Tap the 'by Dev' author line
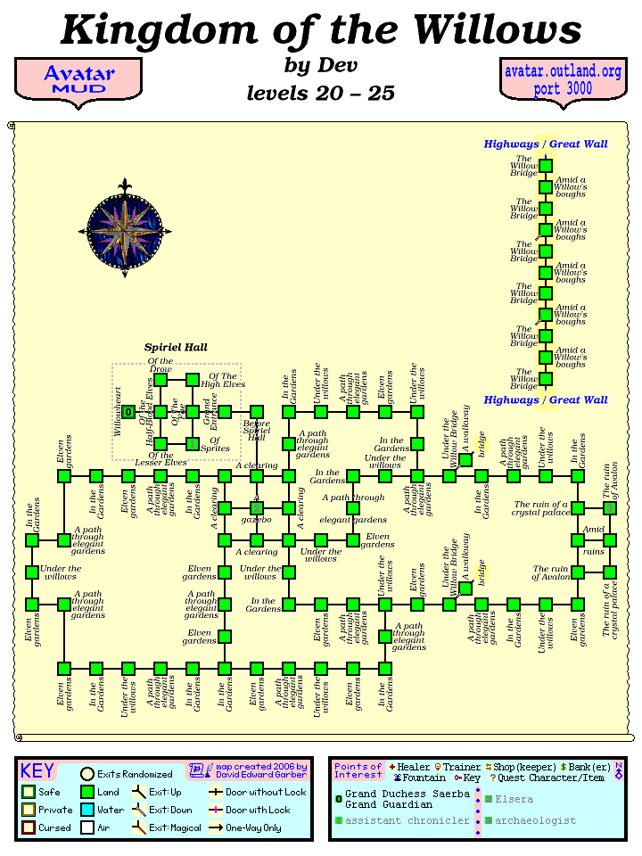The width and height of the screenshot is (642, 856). click(x=320, y=65)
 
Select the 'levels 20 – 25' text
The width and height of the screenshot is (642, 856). click(x=320, y=93)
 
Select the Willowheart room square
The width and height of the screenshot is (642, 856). click(x=128, y=412)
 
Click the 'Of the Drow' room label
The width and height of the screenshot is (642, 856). click(x=160, y=365)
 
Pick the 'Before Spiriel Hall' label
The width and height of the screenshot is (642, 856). click(x=257, y=430)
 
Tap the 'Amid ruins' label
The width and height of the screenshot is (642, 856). click(x=594, y=539)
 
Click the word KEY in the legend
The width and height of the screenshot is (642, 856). click(x=37, y=771)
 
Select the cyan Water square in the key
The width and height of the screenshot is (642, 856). click(x=87, y=810)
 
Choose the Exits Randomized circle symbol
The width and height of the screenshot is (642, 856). click(x=87, y=774)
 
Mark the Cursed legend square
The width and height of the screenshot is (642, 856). click(x=29, y=827)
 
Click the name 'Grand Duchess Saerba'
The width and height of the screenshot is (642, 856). click(x=407, y=794)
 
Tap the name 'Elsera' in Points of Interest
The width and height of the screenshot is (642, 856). click(x=514, y=799)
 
